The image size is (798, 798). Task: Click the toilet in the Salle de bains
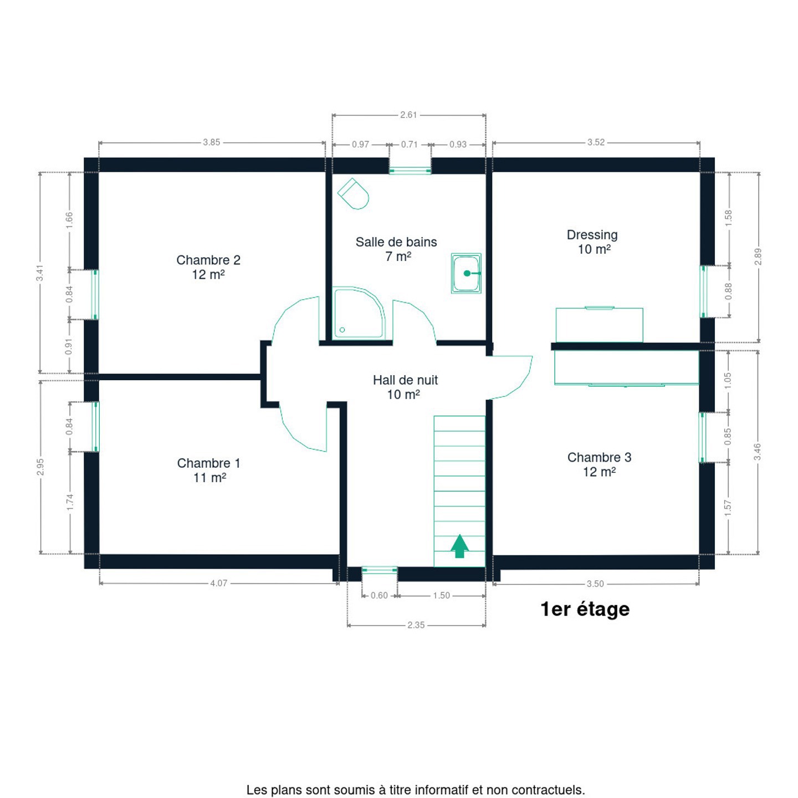(x=353, y=193)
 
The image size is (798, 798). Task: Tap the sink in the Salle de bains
(x=466, y=273)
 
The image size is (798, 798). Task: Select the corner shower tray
(x=359, y=313)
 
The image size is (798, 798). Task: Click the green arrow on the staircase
(x=459, y=546)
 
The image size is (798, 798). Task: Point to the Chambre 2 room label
(x=208, y=267)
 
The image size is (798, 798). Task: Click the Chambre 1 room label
(x=209, y=470)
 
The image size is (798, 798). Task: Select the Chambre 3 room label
(x=599, y=464)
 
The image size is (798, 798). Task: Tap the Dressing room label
(x=592, y=242)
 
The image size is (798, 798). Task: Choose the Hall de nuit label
(x=405, y=387)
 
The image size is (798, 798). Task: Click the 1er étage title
(x=585, y=610)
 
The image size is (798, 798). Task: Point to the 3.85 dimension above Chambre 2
(x=212, y=142)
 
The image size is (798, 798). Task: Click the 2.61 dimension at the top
(x=409, y=115)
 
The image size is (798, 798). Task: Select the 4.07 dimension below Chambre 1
(x=219, y=584)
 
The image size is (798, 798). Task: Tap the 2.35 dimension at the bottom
(x=416, y=625)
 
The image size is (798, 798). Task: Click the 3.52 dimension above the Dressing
(x=596, y=142)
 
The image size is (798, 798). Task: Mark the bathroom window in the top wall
(x=410, y=170)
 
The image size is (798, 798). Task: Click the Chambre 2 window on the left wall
(x=95, y=295)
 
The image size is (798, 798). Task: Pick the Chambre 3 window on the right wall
(x=703, y=437)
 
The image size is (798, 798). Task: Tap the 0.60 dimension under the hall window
(x=380, y=596)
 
